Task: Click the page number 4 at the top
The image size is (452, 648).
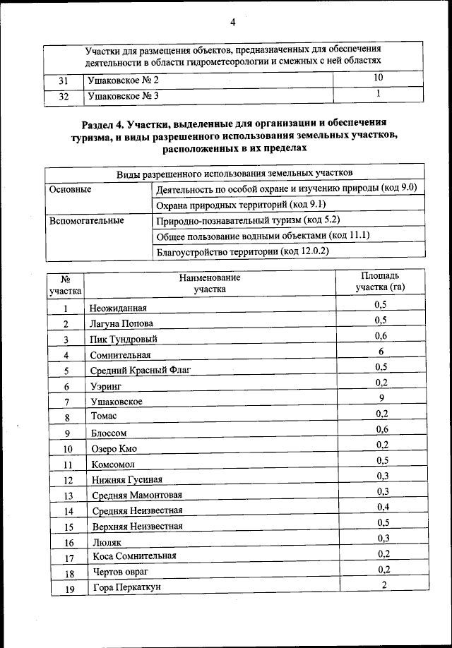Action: point(232,22)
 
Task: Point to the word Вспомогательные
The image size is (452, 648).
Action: point(86,220)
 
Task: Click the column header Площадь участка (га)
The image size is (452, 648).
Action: point(380,282)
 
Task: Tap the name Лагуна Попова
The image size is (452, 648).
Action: point(121,324)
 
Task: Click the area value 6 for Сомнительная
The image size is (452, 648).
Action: point(381,352)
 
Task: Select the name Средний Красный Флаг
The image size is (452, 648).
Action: point(141,370)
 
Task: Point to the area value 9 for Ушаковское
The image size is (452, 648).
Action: point(381,398)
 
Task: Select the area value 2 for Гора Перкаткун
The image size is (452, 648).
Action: point(384,585)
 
